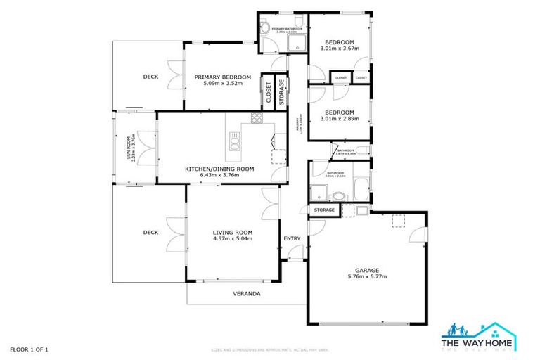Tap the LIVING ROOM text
233,232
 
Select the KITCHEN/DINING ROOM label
219,169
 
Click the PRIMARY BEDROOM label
222,77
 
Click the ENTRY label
292,238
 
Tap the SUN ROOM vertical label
128,148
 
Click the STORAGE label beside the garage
324,210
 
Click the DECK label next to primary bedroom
150,77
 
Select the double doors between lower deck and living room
171,233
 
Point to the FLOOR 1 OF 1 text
29,349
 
